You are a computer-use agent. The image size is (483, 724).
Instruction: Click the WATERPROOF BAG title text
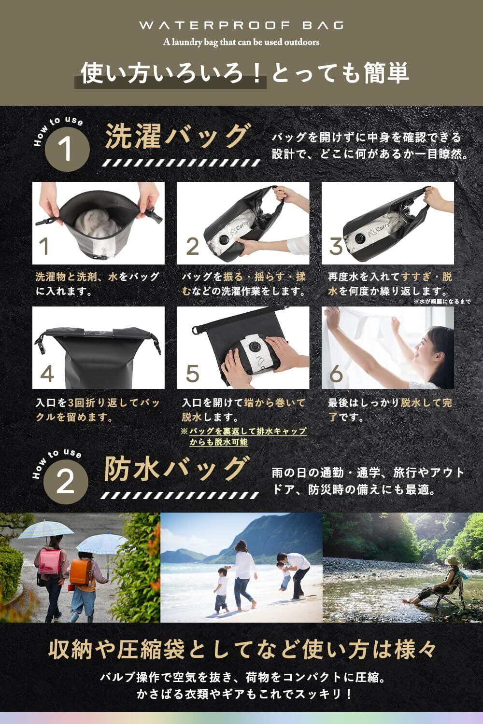(x=241, y=25)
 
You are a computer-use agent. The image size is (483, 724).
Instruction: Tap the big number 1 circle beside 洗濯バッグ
(x=67, y=149)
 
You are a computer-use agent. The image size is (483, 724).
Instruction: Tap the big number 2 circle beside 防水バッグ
(x=66, y=482)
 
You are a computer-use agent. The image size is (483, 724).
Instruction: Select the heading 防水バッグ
(x=177, y=468)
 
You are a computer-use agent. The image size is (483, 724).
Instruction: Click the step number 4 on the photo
(x=47, y=374)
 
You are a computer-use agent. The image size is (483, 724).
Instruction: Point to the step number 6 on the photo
(x=336, y=374)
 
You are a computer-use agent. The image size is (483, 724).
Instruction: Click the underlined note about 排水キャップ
(x=244, y=436)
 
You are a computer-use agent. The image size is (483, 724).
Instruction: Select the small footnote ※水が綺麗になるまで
(x=441, y=302)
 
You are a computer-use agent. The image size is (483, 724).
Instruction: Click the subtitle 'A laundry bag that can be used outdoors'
(x=241, y=42)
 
